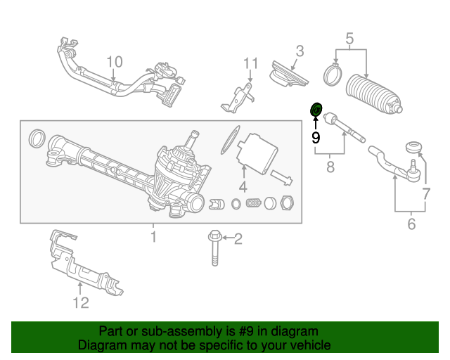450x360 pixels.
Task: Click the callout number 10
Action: (x=115, y=62)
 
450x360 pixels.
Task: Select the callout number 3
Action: (x=299, y=51)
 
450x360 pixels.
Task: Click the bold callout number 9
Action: (x=316, y=136)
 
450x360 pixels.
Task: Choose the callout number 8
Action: (x=329, y=168)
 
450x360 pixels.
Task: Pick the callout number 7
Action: (x=425, y=193)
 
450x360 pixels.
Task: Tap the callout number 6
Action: (x=411, y=224)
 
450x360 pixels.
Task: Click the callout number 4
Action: (x=243, y=187)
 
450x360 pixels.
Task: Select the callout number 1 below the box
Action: (x=153, y=238)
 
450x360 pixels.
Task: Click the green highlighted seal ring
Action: (x=316, y=110)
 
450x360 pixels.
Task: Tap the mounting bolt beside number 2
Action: (x=213, y=248)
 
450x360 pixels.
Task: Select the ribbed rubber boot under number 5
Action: (x=374, y=93)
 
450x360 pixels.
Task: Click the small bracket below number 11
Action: (x=237, y=98)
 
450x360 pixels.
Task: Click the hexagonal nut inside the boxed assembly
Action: (x=287, y=204)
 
